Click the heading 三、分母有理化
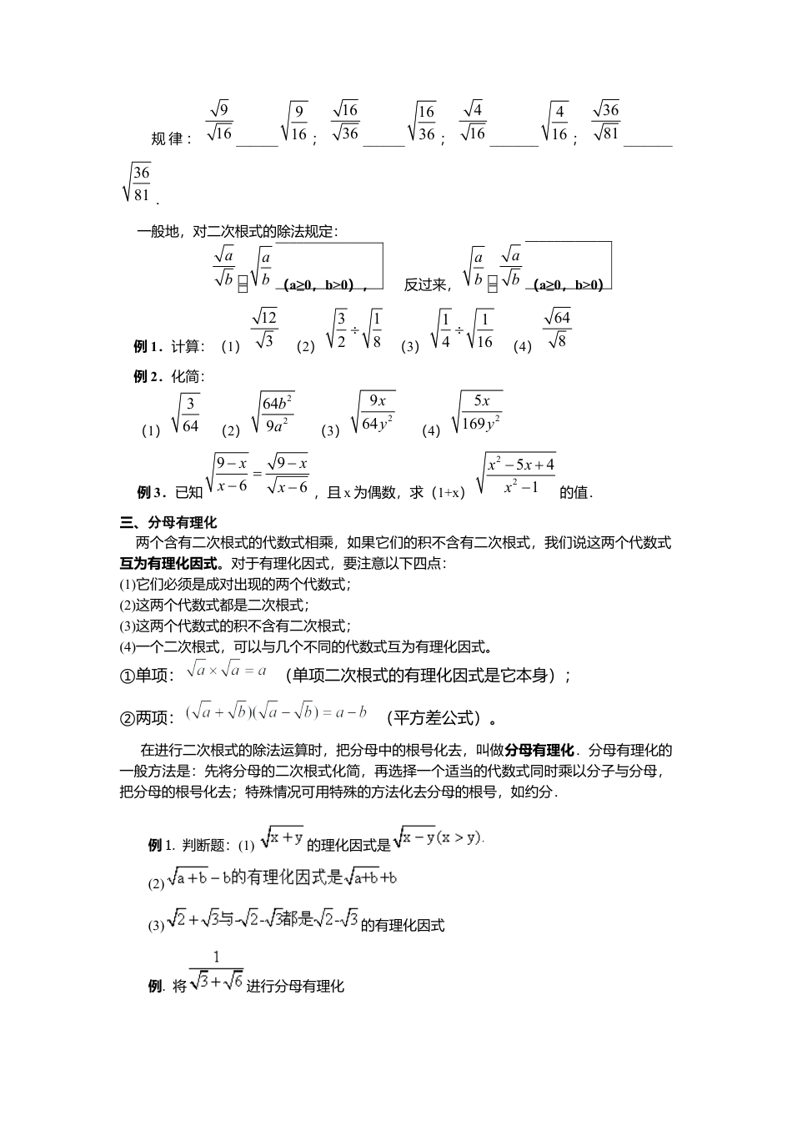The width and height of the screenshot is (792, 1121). pos(168,523)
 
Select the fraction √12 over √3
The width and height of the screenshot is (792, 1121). pos(263,329)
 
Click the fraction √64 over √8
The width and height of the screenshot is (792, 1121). pos(556,329)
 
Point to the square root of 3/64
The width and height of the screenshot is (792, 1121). pos(185,415)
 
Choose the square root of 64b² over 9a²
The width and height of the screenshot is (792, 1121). pos(273,414)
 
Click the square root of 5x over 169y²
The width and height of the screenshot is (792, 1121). pos(477,413)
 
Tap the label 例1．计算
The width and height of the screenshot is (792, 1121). pos(169,346)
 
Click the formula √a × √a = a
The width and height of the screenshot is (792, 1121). pos(226,670)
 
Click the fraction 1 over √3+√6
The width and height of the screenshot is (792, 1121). pos(216,973)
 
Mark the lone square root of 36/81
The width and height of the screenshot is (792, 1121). pos(137,183)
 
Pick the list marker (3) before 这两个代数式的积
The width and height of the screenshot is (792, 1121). pos(128,626)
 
